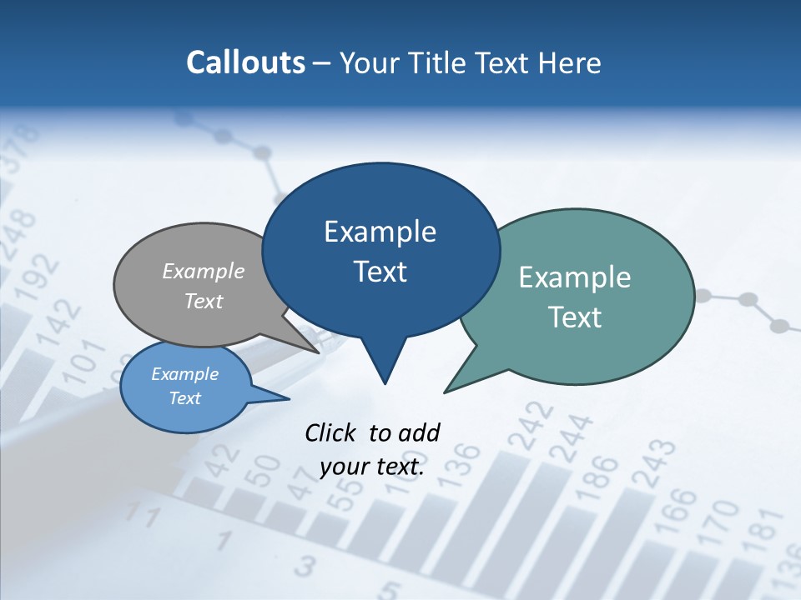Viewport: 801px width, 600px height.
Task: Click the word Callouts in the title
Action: point(245,62)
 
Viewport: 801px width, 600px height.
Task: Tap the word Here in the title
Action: point(571,62)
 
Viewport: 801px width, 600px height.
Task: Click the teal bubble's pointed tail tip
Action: point(445,392)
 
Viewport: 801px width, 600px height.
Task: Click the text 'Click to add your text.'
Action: point(372,450)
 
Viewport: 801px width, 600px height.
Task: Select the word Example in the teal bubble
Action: point(575,277)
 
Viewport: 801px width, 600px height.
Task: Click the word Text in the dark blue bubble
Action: point(380,272)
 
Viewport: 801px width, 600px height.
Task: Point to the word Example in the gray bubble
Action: point(204,271)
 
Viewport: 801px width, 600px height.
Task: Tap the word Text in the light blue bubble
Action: point(185,398)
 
